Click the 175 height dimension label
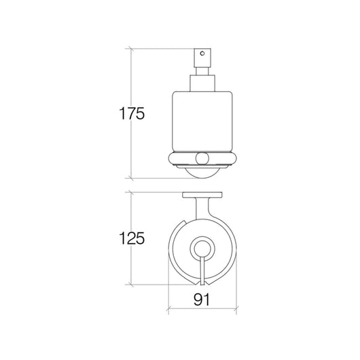(x=132, y=113)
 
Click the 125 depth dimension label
(x=132, y=238)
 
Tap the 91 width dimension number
(x=202, y=300)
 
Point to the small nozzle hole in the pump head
(x=202, y=54)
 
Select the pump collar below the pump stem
(x=202, y=84)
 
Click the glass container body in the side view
(x=202, y=122)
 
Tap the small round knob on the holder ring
(x=202, y=158)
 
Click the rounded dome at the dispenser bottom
(x=202, y=174)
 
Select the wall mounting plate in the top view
(x=202, y=195)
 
